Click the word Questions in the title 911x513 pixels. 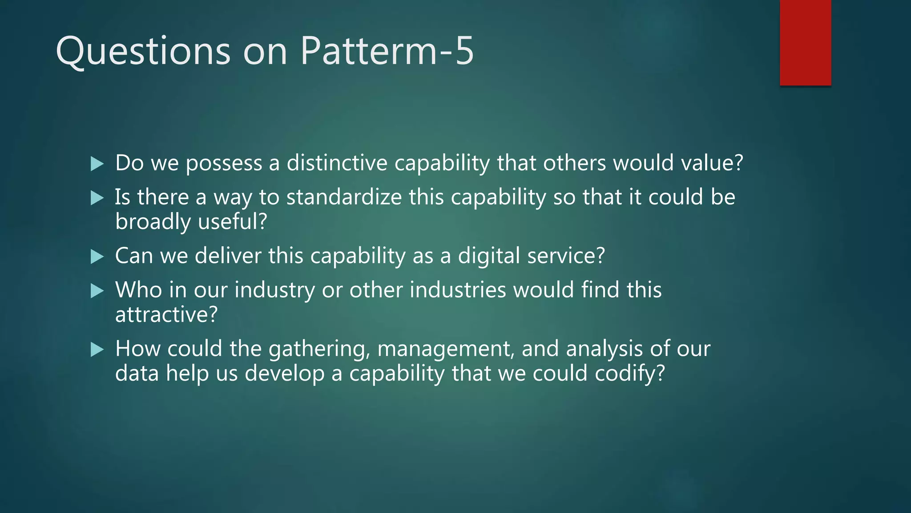[143, 51]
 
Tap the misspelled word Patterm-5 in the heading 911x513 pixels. [387, 51]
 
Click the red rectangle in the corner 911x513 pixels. [805, 43]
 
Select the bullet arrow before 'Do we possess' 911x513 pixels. [97, 164]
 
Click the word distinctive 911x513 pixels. [337, 163]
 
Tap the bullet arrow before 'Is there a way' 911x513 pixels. [97, 198]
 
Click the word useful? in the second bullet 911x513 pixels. [232, 222]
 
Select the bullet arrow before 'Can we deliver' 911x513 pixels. [97, 257]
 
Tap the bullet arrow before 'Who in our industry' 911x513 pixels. [97, 291]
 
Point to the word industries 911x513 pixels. [458, 290]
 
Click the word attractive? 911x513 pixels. [166, 315]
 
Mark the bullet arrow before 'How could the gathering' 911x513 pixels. [97, 350]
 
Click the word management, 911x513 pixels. [446, 349]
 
